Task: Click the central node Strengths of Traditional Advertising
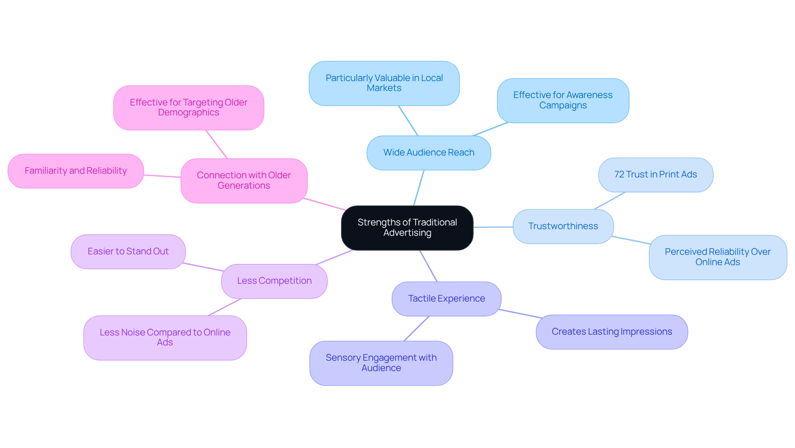click(x=407, y=228)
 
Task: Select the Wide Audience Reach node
click(x=429, y=153)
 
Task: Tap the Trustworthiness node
click(x=563, y=226)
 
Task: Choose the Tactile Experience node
click(x=446, y=299)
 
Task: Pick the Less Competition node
click(x=274, y=281)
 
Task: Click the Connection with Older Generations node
click(x=244, y=181)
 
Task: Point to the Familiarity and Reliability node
click(x=76, y=171)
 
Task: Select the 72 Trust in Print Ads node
click(x=655, y=175)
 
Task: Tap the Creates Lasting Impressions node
click(x=612, y=332)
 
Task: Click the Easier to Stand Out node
click(x=128, y=252)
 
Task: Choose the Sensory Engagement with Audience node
click(x=381, y=363)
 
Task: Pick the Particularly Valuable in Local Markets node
click(x=384, y=83)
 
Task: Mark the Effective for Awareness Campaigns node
click(x=563, y=101)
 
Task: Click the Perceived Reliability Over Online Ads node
click(x=718, y=257)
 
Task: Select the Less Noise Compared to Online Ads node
click(x=165, y=338)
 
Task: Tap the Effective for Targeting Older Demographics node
click(x=188, y=108)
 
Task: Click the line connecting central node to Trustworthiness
click(x=493, y=227)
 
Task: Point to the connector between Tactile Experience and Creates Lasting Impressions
click(x=520, y=314)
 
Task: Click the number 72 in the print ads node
click(x=619, y=175)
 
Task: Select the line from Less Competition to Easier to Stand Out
click(x=203, y=267)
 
